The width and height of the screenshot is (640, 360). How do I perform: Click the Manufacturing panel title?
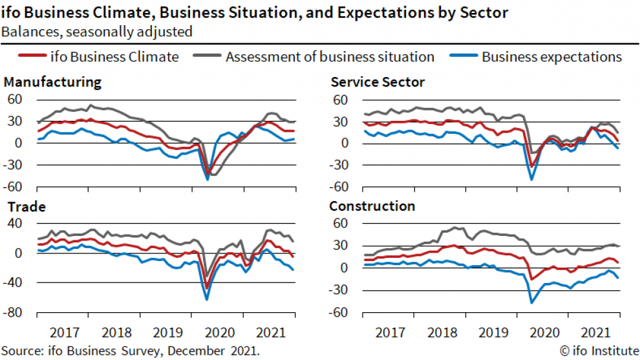pos(52,82)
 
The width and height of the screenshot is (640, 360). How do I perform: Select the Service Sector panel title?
pos(378,82)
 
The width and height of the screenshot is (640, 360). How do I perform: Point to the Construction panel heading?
pos(372,206)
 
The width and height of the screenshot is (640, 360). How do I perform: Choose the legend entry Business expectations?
pos(551,57)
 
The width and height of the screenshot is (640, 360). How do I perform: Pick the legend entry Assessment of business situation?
pos(330,57)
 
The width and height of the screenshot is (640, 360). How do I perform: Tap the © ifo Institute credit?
pos(599,350)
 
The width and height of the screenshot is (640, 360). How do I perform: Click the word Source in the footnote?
pos(22,350)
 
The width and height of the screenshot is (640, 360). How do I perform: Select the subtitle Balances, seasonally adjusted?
pos(96,30)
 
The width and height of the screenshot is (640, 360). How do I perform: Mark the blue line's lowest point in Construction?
pos(531,302)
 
